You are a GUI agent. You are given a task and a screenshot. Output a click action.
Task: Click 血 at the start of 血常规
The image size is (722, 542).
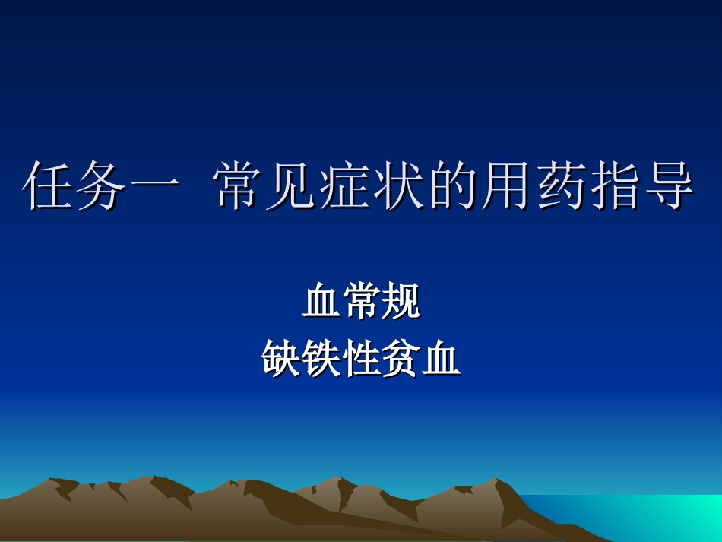(x=321, y=302)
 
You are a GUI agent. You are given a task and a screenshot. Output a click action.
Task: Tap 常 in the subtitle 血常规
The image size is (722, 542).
(x=361, y=302)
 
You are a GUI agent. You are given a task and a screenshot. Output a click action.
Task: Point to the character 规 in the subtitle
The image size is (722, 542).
(x=401, y=302)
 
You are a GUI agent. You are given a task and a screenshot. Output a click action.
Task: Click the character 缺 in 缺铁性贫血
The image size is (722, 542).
(x=281, y=358)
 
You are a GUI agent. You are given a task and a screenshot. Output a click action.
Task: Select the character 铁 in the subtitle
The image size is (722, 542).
(x=321, y=358)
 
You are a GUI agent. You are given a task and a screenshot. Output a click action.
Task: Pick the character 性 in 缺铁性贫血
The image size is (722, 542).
(x=361, y=358)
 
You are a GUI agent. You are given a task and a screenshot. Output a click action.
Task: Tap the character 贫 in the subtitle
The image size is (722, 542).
(x=401, y=358)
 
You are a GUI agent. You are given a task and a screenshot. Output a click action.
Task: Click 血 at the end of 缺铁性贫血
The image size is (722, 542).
(x=442, y=358)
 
